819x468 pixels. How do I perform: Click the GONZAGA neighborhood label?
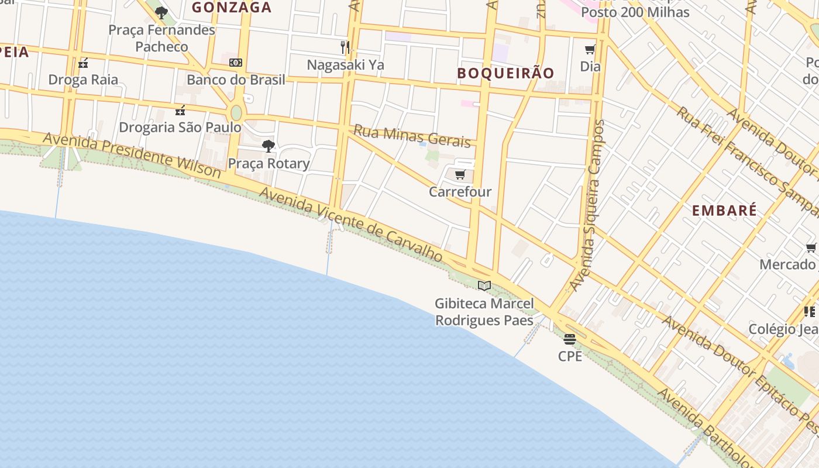[232, 8]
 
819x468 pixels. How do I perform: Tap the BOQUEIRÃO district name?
[505, 73]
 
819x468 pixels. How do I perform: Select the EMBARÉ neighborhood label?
[724, 211]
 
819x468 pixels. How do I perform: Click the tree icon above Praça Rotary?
[269, 146]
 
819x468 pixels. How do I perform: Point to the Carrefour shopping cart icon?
[460, 174]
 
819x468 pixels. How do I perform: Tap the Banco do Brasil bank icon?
[236, 62]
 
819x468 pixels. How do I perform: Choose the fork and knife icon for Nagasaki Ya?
[345, 47]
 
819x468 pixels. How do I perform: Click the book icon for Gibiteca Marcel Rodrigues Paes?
[484, 286]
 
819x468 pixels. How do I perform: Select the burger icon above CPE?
[570, 339]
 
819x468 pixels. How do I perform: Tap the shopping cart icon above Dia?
[590, 50]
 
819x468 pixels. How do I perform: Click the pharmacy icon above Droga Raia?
[83, 63]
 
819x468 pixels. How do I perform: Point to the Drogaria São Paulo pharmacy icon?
[180, 110]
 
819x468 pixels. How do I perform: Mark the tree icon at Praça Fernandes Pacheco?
[161, 12]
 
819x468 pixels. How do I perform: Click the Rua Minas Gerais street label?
[412, 136]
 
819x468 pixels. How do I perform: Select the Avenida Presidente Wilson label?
[132, 155]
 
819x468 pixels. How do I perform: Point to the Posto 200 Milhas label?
[635, 12]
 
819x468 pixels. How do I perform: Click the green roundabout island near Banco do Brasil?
[236, 112]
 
